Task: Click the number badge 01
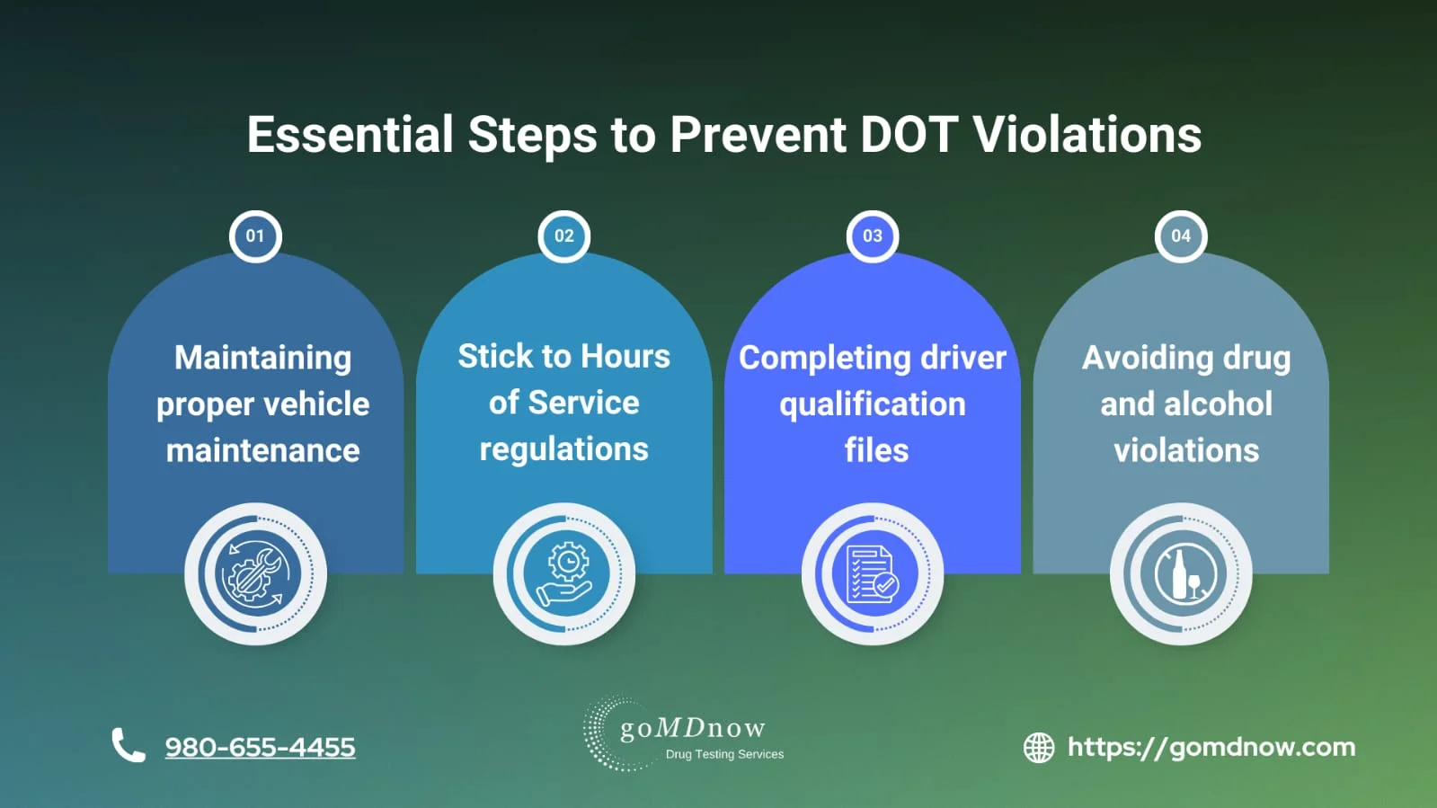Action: tap(255, 236)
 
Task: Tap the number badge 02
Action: tap(563, 236)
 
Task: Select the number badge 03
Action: tap(872, 236)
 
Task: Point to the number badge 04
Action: tap(1180, 236)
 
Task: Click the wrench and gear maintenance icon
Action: tap(255, 573)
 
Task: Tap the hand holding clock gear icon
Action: tap(564, 573)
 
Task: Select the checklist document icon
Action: tap(873, 573)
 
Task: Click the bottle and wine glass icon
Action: tap(1181, 573)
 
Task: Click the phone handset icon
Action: tap(128, 745)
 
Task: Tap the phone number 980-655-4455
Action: tap(260, 747)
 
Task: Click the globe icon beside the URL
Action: tap(1039, 747)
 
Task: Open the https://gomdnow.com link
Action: tap(1211, 747)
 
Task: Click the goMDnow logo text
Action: tap(692, 727)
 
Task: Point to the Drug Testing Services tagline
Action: tap(724, 754)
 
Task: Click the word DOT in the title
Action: tap(909, 135)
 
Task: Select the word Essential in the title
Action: tap(350, 135)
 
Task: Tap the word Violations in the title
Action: tap(1087, 135)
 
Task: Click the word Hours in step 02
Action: tap(625, 356)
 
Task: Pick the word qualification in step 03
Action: tap(872, 404)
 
